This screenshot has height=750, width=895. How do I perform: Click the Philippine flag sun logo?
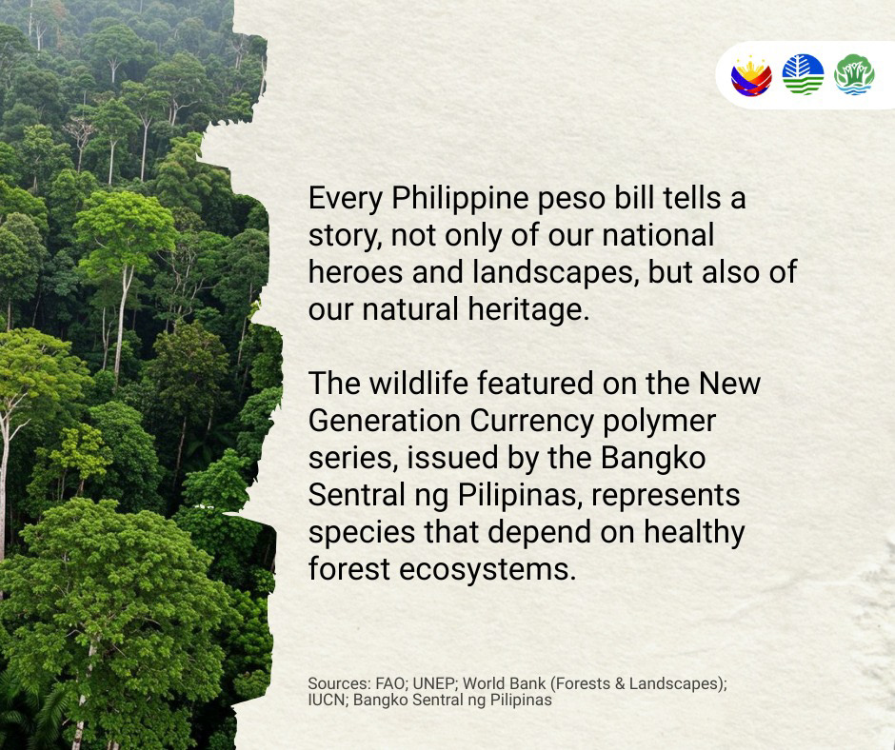point(751,75)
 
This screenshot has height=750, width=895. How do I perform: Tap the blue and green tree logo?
point(803,74)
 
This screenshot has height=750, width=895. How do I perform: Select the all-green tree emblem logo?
point(854,74)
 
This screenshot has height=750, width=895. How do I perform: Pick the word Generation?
point(384,421)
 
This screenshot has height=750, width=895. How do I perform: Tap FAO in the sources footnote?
point(389,683)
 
